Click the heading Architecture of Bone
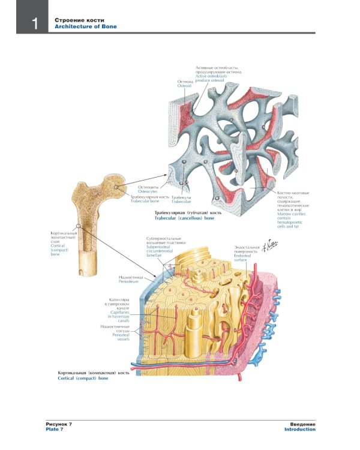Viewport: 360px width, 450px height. click(x=86, y=27)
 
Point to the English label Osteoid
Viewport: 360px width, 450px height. click(x=184, y=86)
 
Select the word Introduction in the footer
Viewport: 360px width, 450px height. click(x=300, y=429)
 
